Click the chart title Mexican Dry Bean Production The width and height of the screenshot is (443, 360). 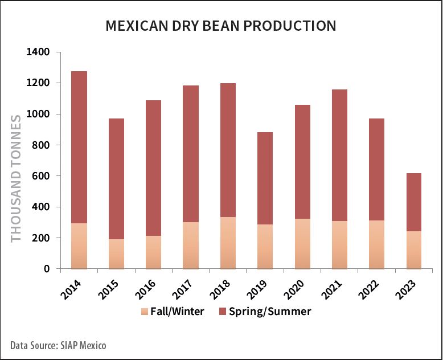point(221,26)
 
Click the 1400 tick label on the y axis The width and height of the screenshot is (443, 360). point(38,52)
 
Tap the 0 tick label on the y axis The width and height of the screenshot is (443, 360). point(47,269)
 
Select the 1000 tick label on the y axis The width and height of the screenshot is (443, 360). point(38,114)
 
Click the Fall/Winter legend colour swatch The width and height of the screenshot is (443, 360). point(144,312)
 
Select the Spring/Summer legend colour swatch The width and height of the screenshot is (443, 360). point(222,312)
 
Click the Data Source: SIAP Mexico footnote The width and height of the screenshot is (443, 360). point(58,345)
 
